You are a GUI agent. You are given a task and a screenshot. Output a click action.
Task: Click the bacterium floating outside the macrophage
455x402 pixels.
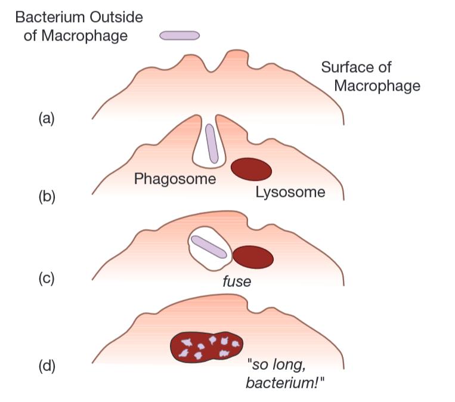179,35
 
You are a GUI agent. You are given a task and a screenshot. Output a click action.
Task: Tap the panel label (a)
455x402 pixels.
46,118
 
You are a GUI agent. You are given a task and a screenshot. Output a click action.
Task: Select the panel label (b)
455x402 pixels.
46,196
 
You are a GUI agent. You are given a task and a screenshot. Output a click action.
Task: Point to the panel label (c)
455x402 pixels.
46,279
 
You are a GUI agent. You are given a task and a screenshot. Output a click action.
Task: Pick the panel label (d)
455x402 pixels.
46,366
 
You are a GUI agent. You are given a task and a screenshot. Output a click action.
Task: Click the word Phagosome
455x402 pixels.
175,178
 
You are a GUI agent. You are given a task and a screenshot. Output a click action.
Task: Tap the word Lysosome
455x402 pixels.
290,192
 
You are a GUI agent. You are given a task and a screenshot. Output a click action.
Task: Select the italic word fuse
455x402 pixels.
236,281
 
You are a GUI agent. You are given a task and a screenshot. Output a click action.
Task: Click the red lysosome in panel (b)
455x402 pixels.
251,169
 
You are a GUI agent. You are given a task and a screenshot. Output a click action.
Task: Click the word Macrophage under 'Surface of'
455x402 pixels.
377,86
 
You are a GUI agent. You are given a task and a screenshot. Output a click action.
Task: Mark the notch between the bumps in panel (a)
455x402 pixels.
211,71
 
